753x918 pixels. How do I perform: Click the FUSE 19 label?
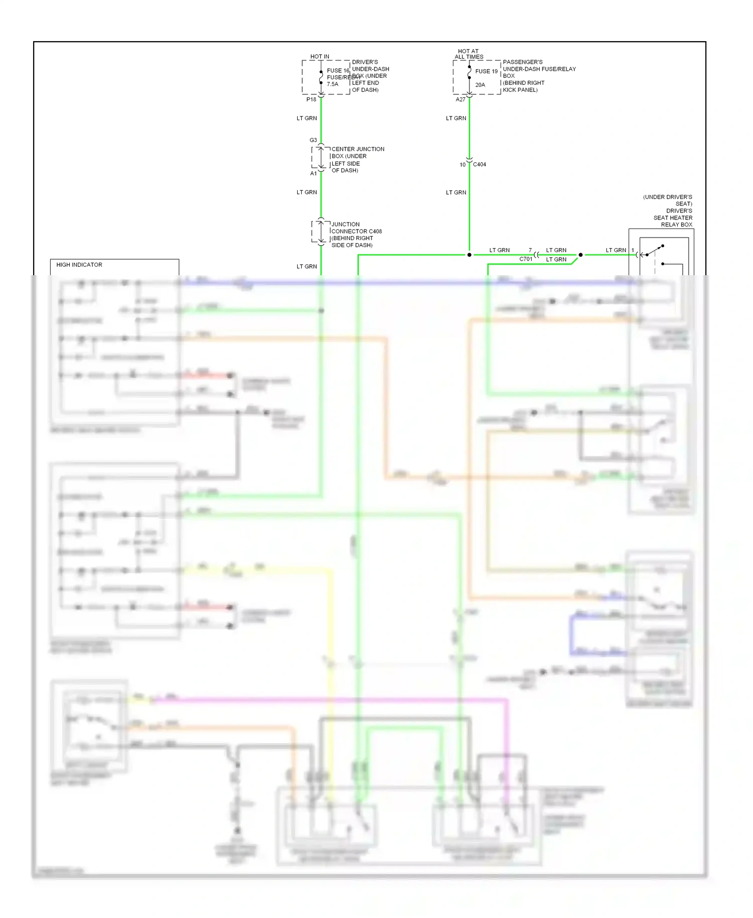[486, 71]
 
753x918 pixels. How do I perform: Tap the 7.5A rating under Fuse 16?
[332, 84]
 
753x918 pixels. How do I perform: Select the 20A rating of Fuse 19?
[480, 85]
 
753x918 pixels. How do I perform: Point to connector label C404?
[479, 165]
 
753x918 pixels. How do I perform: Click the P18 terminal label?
[311, 99]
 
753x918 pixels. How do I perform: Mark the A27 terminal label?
[460, 99]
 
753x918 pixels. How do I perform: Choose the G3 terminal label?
[313, 140]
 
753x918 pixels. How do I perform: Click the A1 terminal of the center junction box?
[313, 173]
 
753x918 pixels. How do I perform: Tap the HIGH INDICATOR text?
[79, 265]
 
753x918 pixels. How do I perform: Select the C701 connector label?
[526, 259]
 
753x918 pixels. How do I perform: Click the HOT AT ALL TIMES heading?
[468, 54]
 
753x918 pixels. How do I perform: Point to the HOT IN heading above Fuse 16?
[320, 57]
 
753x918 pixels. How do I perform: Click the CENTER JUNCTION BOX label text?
[357, 160]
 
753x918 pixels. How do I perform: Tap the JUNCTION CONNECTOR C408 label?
[356, 235]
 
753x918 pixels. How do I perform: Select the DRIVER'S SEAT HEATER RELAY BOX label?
[670, 211]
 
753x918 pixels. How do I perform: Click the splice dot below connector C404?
[469, 255]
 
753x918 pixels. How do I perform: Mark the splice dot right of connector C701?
[581, 255]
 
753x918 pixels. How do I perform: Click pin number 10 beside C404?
[462, 165]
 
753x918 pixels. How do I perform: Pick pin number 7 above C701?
[530, 250]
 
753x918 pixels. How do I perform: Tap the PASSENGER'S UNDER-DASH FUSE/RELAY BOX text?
[539, 76]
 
